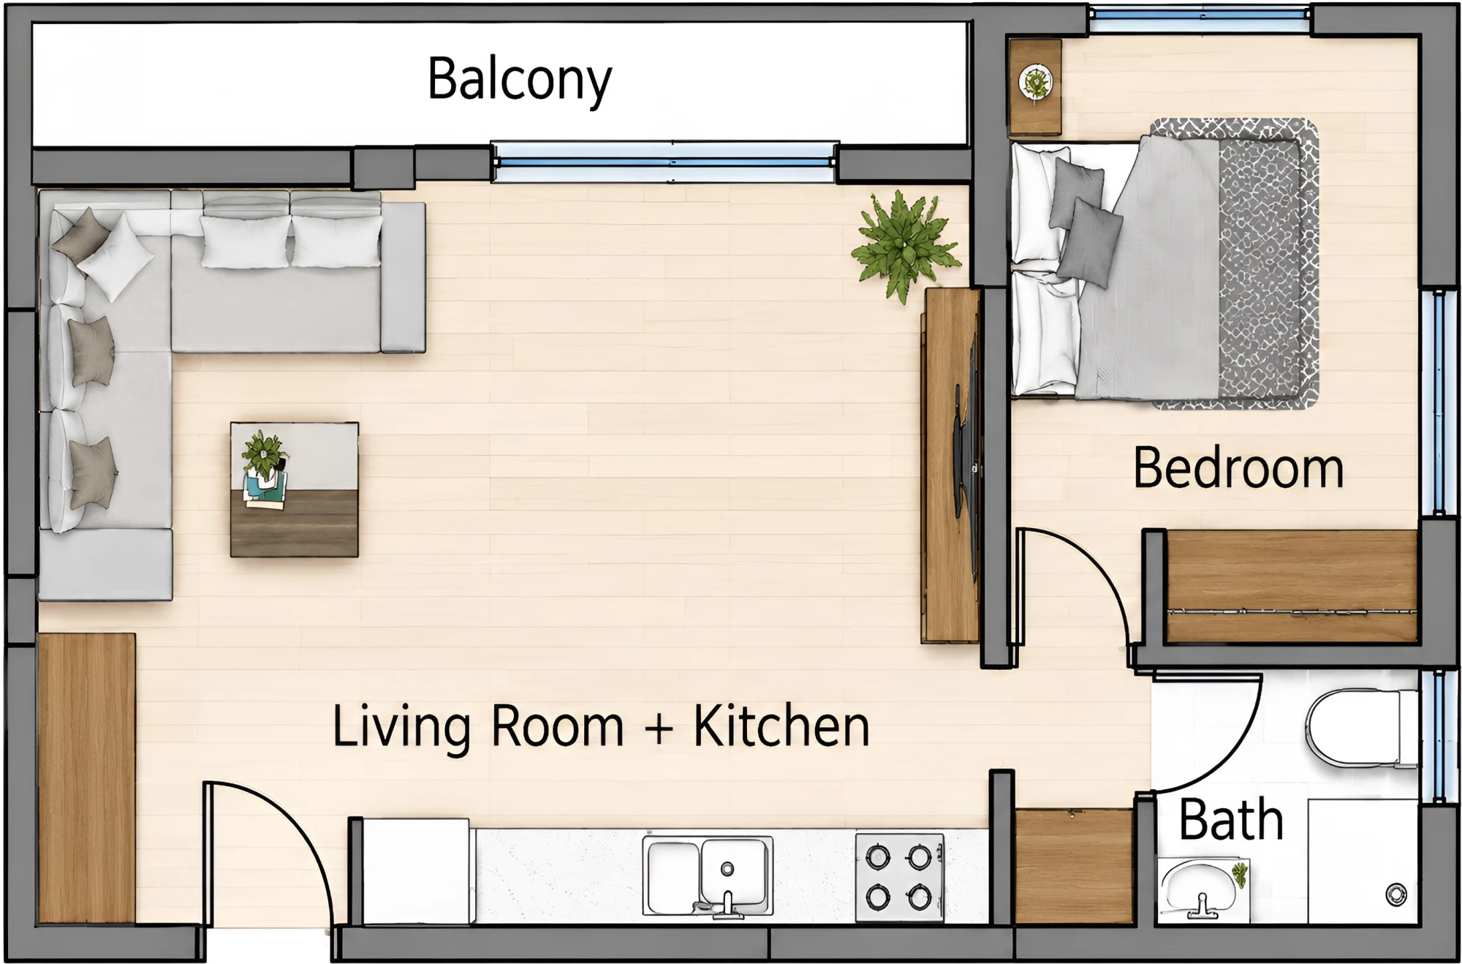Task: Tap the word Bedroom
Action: (1238, 468)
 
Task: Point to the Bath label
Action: (1231, 820)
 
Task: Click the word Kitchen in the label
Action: (781, 726)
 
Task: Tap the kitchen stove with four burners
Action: (899, 877)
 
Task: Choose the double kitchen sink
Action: (707, 875)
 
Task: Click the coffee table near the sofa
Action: (294, 489)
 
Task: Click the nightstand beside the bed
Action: (1034, 87)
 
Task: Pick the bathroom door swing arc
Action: (1235, 761)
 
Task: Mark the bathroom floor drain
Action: (1396, 894)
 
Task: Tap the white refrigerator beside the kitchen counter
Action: (416, 870)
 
